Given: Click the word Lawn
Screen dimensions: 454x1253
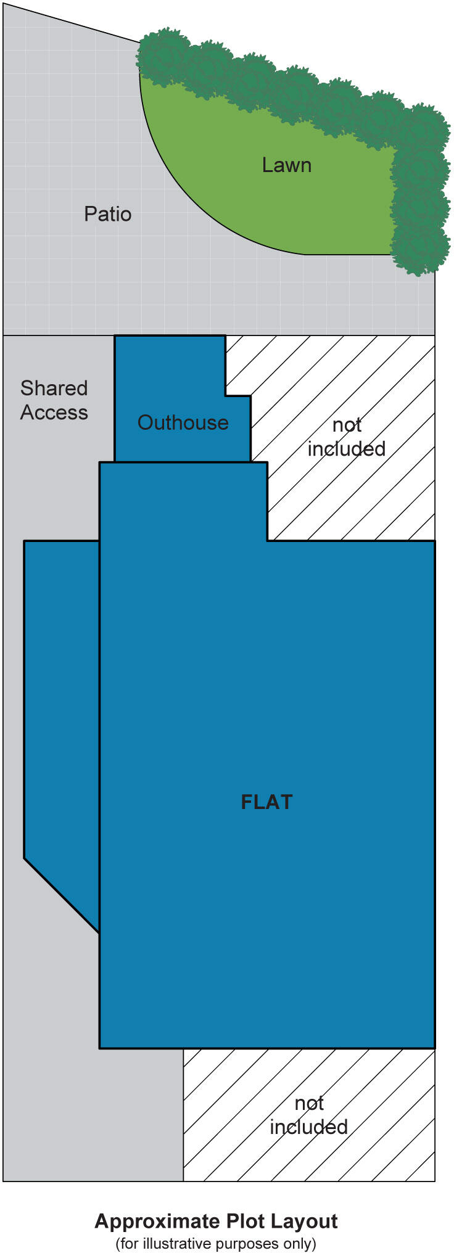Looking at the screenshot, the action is (x=286, y=165).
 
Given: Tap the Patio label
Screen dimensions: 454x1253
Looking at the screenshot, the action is (x=108, y=214).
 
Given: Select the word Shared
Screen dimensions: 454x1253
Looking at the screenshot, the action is (x=54, y=388).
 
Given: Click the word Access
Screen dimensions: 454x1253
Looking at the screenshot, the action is (x=54, y=413).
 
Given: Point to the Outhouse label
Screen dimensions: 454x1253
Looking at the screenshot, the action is (x=183, y=422).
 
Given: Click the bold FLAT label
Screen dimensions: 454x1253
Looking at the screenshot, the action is (x=266, y=802).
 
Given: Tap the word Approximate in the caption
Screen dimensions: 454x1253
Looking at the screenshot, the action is (x=157, y=1221).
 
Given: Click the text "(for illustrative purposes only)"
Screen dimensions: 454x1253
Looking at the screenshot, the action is (x=216, y=1243).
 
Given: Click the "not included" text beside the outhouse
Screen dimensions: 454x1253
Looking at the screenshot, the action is (x=347, y=437).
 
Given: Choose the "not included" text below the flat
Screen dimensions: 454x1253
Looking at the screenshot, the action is (x=309, y=1115).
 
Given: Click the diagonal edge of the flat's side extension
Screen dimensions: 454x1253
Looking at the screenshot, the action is (x=62, y=895).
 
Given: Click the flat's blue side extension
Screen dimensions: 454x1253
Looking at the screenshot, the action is (x=62, y=697).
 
